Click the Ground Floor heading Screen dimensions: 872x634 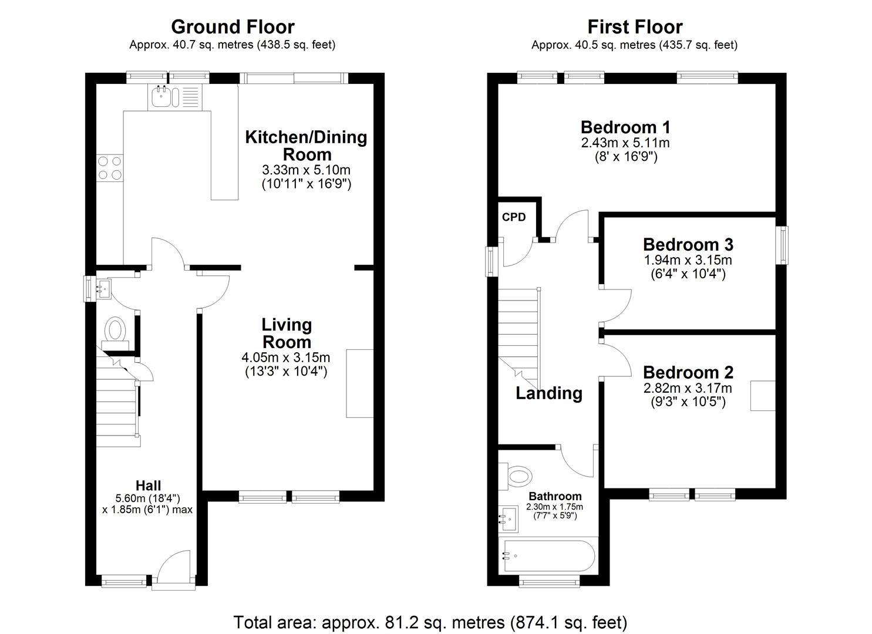pos(233,27)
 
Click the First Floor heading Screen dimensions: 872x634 pos(635,27)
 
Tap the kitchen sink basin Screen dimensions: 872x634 pos(161,96)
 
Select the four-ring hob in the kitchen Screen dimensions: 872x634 pos(110,168)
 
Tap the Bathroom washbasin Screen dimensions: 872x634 pos(509,519)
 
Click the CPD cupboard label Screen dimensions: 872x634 pos(514,217)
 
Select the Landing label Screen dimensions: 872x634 pos(549,393)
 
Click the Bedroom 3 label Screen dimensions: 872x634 pos(688,245)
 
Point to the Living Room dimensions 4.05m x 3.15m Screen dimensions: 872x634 pos(286,358)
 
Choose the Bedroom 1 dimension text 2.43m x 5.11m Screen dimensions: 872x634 pos(625,143)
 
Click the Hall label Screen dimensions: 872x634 pos(148,485)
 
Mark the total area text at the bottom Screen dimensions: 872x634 pos(430,622)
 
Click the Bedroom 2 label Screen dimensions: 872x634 pos(688,372)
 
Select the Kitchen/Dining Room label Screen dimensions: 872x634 pos(307,146)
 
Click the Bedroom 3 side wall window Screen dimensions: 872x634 pos(782,245)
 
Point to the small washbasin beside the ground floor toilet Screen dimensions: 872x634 pos(102,289)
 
